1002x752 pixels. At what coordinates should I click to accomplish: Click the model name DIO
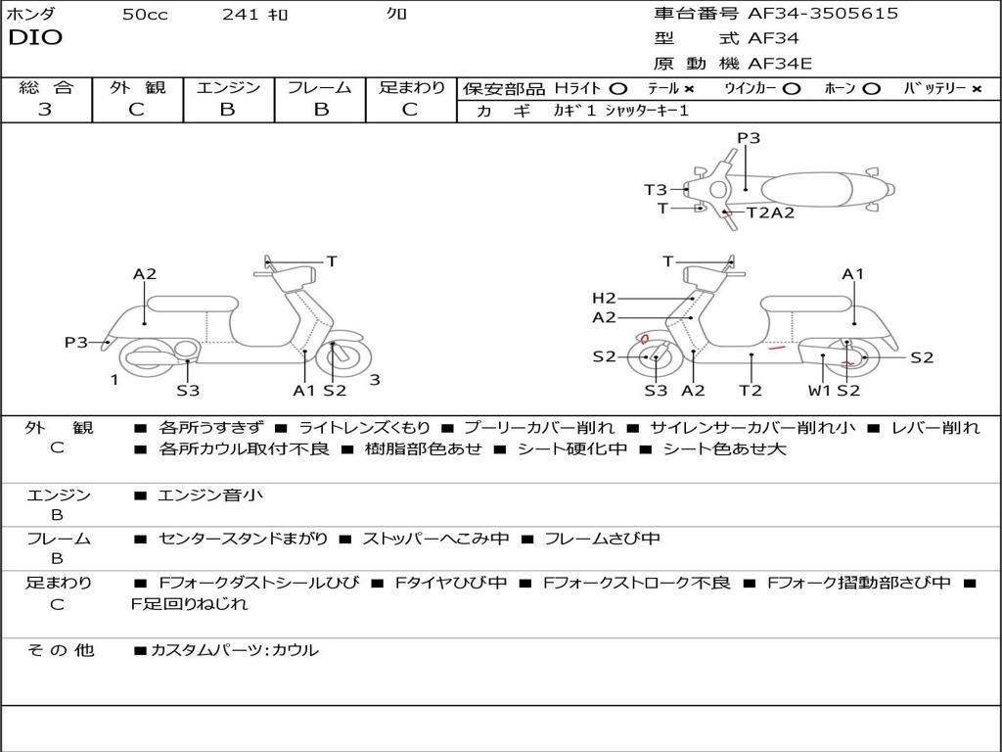[x=35, y=38]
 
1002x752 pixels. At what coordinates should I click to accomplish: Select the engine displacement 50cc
[x=145, y=15]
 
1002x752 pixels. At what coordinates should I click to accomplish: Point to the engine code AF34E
[x=780, y=64]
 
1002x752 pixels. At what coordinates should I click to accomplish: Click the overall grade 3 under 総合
[x=45, y=109]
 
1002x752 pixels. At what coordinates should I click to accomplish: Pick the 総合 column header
[x=46, y=87]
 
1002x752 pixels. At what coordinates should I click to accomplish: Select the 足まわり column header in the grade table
[x=411, y=87]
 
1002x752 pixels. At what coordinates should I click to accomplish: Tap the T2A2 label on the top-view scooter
[x=770, y=212]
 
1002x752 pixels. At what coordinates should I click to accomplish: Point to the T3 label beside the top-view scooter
[x=655, y=190]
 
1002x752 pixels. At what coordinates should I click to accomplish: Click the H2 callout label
[x=604, y=299]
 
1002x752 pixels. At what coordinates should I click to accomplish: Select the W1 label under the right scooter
[x=818, y=391]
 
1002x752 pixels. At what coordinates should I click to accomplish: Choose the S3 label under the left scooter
[x=188, y=391]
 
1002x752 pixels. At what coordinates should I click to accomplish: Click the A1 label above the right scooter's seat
[x=853, y=274]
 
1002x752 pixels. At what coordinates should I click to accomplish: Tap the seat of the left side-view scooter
[x=192, y=304]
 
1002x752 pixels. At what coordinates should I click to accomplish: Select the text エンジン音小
[x=210, y=495]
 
